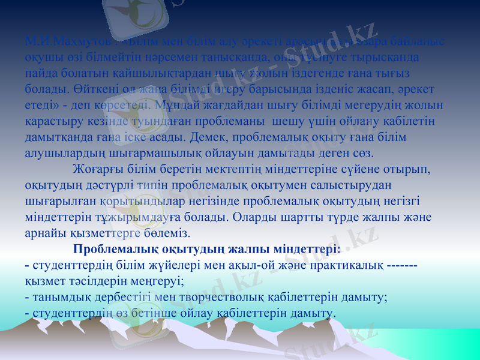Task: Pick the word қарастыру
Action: coord(53,121)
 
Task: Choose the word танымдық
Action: coord(61,296)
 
